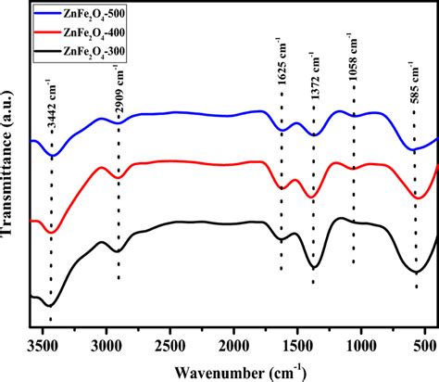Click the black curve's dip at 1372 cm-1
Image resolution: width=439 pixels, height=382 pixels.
pyautogui.click(x=314, y=268)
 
